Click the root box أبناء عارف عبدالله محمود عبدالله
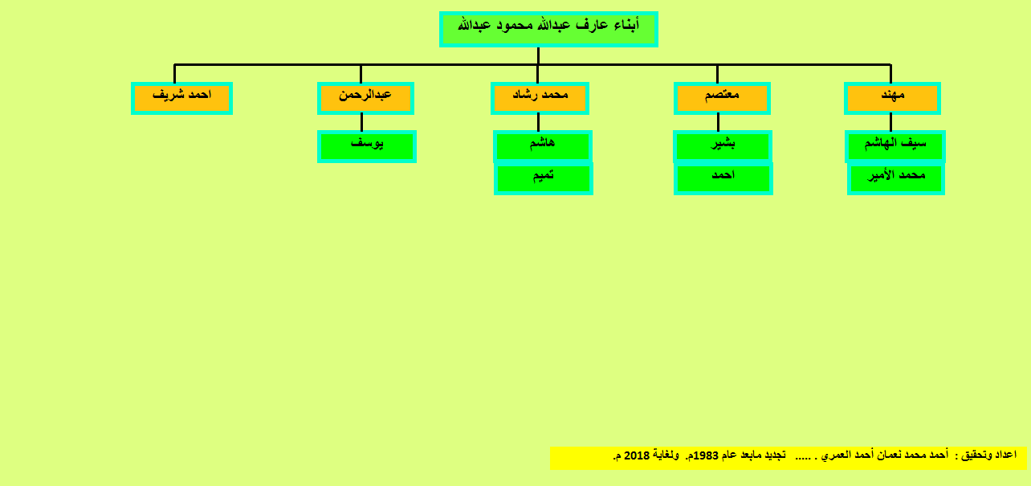(x=548, y=29)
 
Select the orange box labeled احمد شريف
(x=181, y=98)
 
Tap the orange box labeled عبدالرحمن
(x=365, y=98)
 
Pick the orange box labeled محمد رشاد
(x=540, y=98)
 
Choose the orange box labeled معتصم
(x=722, y=98)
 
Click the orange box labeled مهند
(x=892, y=98)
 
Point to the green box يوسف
(x=367, y=146)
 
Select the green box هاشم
(x=543, y=146)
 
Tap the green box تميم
(x=544, y=179)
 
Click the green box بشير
(x=723, y=146)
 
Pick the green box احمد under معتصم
(x=723, y=179)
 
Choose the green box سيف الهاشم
(x=895, y=146)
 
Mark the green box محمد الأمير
(x=896, y=179)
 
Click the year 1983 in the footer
(x=706, y=455)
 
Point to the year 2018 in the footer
(x=637, y=455)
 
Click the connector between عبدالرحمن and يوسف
(x=362, y=123)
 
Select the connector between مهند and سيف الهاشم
(x=891, y=123)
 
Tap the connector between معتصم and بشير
(x=718, y=123)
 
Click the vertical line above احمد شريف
(x=174, y=74)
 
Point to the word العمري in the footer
(x=833, y=455)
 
